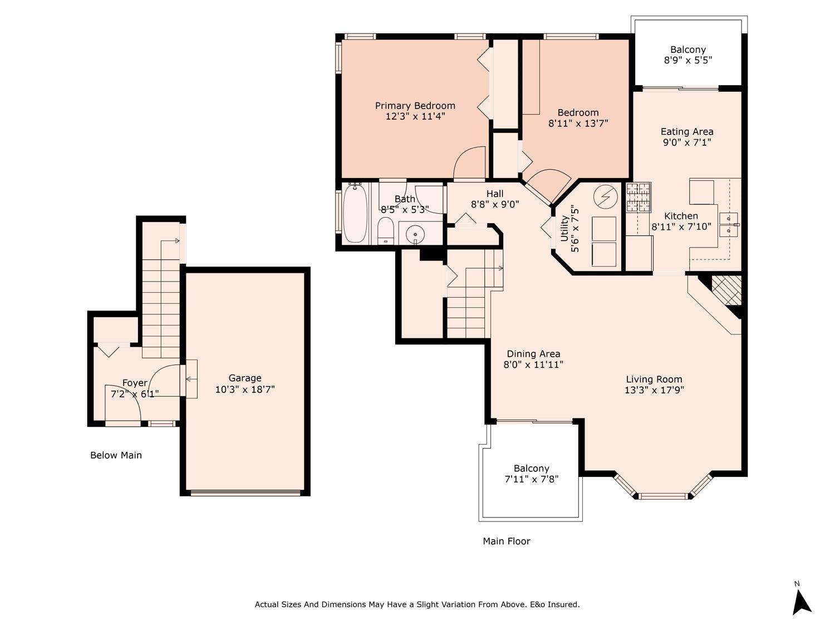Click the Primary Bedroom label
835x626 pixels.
pos(415,106)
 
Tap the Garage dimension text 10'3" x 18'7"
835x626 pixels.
pos(245,389)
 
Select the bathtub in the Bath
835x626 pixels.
pos(355,214)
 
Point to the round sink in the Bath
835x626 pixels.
pos(415,234)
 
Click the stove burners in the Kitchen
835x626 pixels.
pos(638,197)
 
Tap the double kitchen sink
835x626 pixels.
pos(729,225)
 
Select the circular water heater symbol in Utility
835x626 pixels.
pos(605,197)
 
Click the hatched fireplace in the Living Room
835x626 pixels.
pos(726,290)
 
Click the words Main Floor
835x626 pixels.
pos(507,541)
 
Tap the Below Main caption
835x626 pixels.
pos(116,455)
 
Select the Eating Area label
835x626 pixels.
pos(686,131)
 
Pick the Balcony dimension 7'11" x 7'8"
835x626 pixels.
pos(532,479)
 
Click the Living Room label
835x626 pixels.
pos(654,379)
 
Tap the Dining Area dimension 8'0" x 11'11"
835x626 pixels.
pos(533,364)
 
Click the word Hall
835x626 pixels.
pos(494,194)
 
